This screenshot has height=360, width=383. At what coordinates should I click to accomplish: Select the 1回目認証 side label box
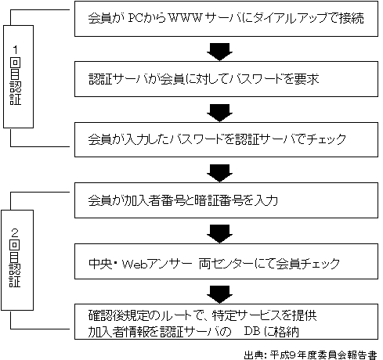[18, 77]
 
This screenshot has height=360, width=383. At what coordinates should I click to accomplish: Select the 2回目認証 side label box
[17, 260]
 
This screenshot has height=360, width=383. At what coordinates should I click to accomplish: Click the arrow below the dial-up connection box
[219, 52]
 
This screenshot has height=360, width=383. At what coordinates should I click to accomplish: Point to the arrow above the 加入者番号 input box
[219, 173]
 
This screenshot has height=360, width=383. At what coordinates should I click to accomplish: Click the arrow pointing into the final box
[219, 294]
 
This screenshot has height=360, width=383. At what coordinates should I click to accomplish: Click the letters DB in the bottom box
[252, 331]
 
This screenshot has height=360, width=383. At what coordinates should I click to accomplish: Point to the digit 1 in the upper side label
[16, 49]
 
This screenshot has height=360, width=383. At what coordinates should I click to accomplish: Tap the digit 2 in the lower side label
[15, 232]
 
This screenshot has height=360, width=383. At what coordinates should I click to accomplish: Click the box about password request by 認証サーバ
[226, 79]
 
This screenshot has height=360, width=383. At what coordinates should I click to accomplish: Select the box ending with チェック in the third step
[226, 139]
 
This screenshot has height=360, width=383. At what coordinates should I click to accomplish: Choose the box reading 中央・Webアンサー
[226, 261]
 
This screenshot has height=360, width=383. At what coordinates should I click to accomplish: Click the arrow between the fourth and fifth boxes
[219, 234]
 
